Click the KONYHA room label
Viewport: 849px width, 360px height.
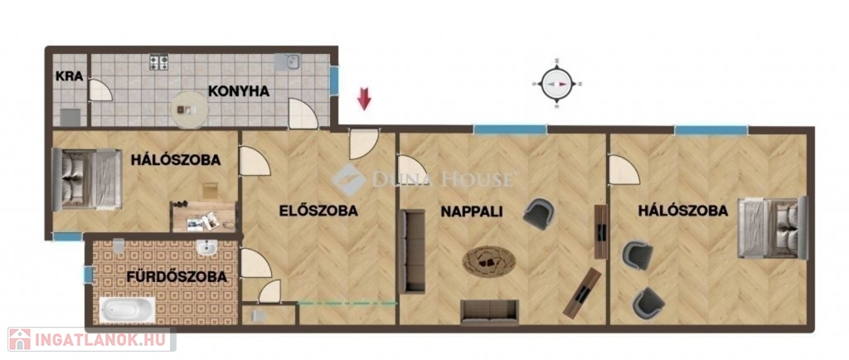(x=239, y=91)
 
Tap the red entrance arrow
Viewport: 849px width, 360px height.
(x=365, y=100)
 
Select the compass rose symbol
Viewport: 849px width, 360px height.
(x=557, y=84)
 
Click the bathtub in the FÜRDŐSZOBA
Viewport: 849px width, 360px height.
(x=127, y=310)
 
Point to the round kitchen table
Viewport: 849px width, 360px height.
(x=190, y=109)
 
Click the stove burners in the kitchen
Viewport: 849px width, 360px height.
(x=158, y=61)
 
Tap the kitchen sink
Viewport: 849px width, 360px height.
(x=286, y=62)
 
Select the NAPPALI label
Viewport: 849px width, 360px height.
(x=472, y=212)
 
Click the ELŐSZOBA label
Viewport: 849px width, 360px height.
(x=318, y=212)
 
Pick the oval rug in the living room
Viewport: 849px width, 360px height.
(x=489, y=263)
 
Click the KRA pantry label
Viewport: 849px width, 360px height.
(x=70, y=76)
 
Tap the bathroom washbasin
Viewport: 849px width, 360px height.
(x=206, y=248)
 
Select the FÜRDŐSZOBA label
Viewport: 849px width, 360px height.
(x=177, y=276)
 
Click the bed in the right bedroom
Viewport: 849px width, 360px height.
(x=773, y=227)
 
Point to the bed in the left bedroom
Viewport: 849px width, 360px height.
(x=86, y=179)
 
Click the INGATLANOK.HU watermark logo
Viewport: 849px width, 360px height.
(x=91, y=339)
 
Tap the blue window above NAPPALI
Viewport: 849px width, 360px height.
(x=510, y=129)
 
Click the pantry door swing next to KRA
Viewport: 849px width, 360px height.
(x=100, y=90)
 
